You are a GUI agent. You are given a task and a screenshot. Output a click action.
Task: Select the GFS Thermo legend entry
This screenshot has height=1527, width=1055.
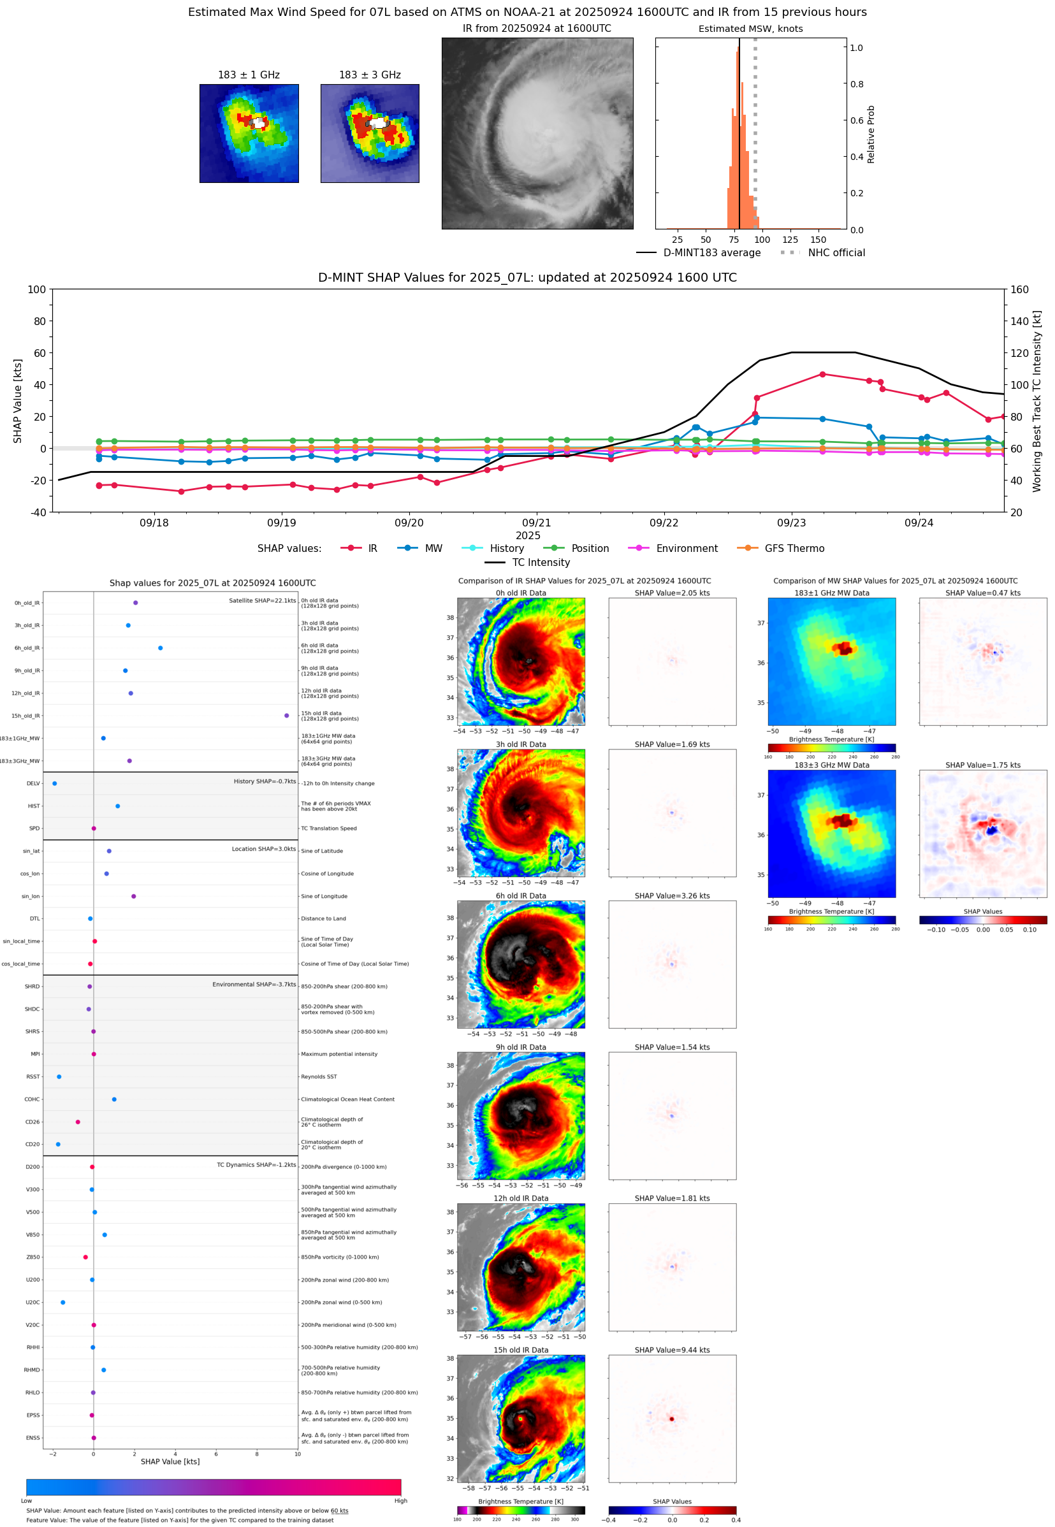coord(794,549)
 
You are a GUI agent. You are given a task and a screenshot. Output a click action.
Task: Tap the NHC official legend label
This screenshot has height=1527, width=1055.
coord(836,252)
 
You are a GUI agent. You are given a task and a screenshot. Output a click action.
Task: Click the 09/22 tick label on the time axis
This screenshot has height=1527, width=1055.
coord(664,523)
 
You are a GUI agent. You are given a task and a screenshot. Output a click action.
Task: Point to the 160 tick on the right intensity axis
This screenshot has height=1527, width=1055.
coord(1019,289)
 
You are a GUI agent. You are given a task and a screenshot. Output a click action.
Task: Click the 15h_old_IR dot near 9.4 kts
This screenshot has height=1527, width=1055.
coord(286,716)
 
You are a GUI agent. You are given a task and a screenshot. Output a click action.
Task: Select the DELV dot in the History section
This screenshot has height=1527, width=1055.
coord(55,784)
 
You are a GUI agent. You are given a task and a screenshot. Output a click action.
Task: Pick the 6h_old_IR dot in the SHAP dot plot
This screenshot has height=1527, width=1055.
coord(161,648)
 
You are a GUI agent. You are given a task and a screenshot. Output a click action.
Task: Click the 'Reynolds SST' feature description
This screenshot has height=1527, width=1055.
coord(319,1076)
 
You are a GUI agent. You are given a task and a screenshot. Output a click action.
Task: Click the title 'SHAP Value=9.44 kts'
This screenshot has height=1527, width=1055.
coord(672,1350)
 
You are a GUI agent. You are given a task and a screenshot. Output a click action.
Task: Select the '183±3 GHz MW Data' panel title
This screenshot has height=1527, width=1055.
coord(832,765)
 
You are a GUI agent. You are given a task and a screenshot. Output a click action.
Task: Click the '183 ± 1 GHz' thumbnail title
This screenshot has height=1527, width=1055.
coord(249,75)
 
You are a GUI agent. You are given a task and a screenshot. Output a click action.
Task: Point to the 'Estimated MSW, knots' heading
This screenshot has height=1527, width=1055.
coord(750,29)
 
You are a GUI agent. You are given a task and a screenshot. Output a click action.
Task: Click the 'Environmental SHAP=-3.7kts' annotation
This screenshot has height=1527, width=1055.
coord(254,985)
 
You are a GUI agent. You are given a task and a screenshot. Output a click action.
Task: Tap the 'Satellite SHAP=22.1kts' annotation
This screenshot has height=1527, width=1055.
coord(262,600)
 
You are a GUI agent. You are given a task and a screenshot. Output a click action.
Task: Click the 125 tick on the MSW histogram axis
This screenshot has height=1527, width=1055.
coord(790,240)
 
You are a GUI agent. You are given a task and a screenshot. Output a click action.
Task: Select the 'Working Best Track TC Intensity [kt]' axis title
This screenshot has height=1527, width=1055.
coord(1037,401)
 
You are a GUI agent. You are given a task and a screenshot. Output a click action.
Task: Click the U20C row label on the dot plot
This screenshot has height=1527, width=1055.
coord(33,1302)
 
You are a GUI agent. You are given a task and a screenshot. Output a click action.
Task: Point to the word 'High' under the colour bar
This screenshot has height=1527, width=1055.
coord(400,1501)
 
